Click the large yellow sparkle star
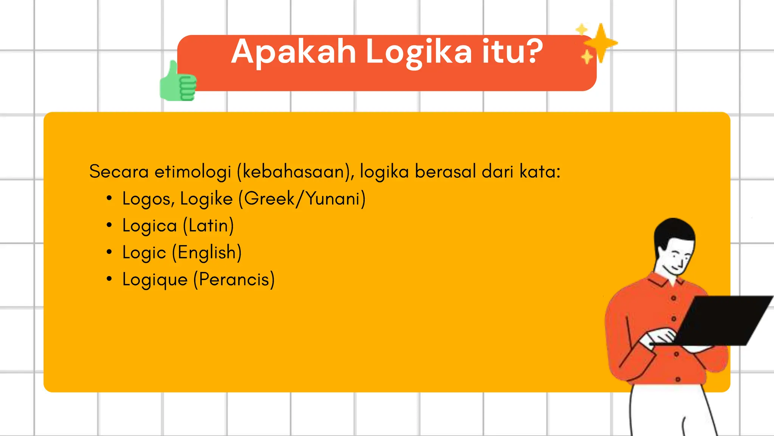[x=600, y=43]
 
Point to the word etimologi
[x=193, y=171]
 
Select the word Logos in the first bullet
[x=146, y=199]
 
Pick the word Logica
[x=150, y=226]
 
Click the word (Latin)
[x=208, y=226]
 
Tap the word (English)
[x=207, y=253]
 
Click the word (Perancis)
[x=234, y=280]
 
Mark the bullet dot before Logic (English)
[x=109, y=252]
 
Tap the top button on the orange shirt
[x=673, y=298]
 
